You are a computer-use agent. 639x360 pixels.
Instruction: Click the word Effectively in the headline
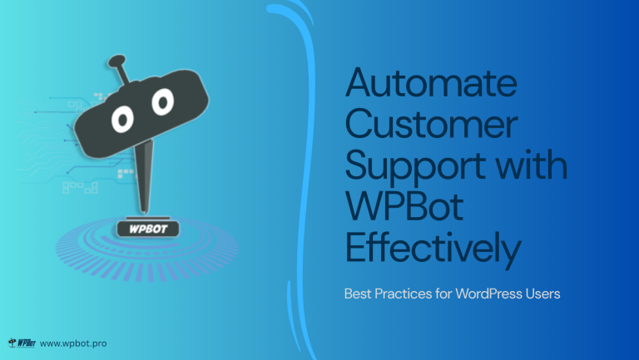[x=433, y=249]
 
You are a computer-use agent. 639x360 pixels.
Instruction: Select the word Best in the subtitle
[x=358, y=293]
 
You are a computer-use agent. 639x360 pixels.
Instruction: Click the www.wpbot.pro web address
[x=73, y=343]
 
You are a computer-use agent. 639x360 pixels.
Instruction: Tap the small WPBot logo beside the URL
[x=21, y=343]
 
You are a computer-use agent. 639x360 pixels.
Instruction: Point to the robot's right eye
[x=161, y=101]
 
